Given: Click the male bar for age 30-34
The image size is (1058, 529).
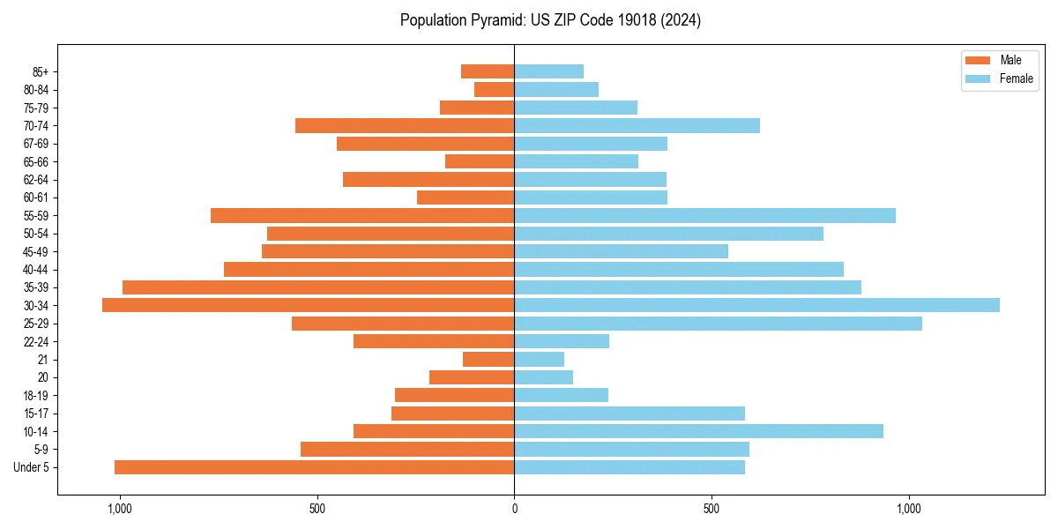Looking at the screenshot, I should (x=308, y=305).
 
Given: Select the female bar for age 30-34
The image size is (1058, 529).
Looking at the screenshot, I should (x=756, y=305).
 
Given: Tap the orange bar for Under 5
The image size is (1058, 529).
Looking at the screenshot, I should (x=314, y=467).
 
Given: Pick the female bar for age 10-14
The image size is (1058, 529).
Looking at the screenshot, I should (x=698, y=431).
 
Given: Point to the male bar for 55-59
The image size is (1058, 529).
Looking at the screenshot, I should (x=362, y=215).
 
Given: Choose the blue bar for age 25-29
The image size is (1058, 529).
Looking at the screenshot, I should (x=718, y=324).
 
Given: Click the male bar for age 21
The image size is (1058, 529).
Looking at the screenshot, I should (x=488, y=360).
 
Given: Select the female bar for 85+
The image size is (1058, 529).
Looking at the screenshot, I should (x=548, y=71).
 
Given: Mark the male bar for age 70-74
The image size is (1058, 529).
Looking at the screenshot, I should (x=405, y=125).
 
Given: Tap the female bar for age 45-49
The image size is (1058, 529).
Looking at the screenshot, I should (x=621, y=251).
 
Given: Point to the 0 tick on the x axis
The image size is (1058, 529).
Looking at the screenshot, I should (x=514, y=509).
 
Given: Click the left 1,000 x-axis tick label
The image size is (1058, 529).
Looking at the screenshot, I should (x=119, y=509).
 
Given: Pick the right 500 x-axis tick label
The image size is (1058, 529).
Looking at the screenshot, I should (x=712, y=509).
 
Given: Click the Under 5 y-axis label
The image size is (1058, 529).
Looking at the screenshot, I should (x=32, y=467).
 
